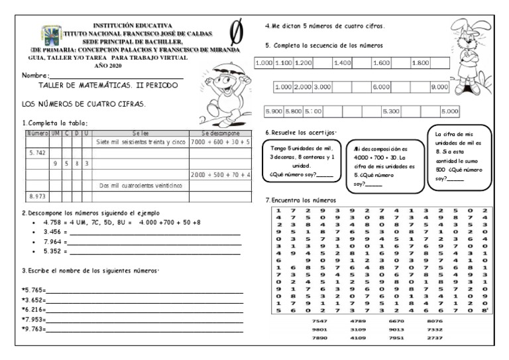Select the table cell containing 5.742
point(36,152)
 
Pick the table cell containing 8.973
point(36,196)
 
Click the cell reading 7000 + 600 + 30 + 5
point(220,142)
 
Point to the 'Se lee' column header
point(141,133)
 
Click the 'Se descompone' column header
point(220,133)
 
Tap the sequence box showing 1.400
point(343,62)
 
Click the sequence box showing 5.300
point(391,111)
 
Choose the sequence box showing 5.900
point(274,111)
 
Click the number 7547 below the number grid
point(319,320)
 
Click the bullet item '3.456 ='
point(54,233)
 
